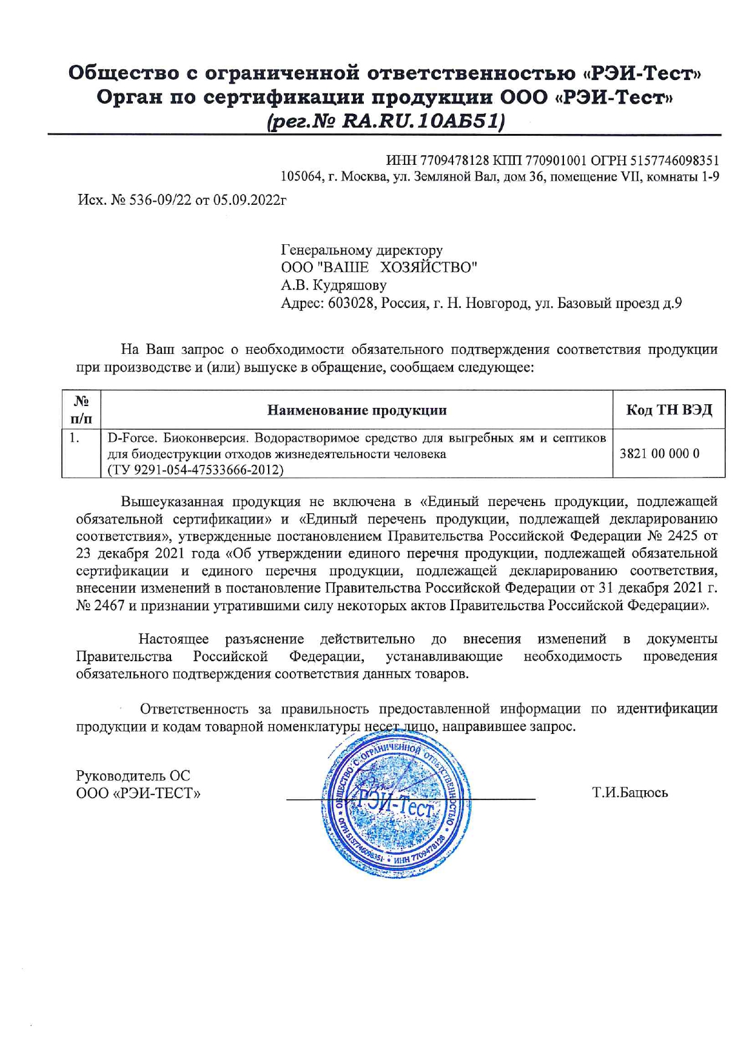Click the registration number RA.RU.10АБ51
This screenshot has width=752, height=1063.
(423, 121)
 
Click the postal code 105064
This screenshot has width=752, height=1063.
(300, 177)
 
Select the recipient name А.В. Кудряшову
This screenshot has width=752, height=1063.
(334, 285)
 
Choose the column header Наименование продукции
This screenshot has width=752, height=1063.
(357, 410)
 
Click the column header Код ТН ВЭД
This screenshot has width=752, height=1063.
(668, 410)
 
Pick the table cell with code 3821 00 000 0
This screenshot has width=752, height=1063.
(659, 453)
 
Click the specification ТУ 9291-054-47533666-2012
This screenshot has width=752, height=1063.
(195, 470)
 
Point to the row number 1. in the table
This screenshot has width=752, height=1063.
(74, 438)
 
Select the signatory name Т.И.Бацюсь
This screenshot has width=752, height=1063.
(629, 793)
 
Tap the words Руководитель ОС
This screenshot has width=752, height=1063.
(133, 776)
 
